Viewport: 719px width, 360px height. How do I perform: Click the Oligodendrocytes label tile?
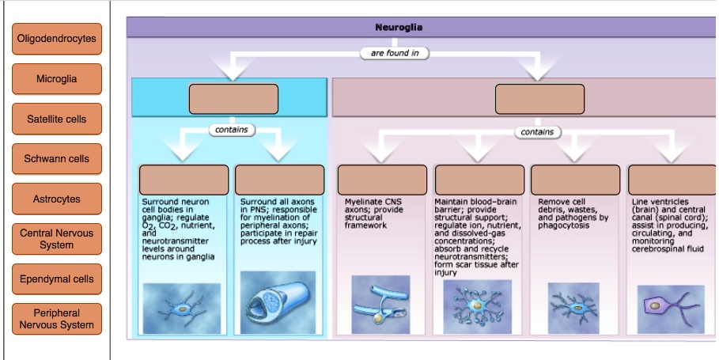57,39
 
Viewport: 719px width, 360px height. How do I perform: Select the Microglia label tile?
57,79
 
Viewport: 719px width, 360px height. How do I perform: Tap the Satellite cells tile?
57,119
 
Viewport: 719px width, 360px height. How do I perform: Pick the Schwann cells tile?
57,159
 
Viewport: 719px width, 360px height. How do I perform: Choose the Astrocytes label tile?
57,199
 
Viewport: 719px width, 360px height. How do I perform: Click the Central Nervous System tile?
57,239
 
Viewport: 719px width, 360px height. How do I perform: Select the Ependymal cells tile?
57,279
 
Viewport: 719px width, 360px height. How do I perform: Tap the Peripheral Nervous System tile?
57,319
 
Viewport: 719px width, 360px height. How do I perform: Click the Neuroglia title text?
399,27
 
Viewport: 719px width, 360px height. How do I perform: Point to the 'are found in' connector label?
395,53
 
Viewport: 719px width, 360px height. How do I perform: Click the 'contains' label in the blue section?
232,130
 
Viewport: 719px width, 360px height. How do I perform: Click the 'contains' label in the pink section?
537,132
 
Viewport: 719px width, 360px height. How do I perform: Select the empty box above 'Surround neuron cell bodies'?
184,180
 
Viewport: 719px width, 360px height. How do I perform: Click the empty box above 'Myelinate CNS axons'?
382,180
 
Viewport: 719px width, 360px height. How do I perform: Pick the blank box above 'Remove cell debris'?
576,180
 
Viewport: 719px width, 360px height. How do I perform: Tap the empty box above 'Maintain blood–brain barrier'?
479,180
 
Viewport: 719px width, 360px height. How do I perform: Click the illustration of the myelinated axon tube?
278,303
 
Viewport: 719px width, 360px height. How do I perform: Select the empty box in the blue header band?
233,99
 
